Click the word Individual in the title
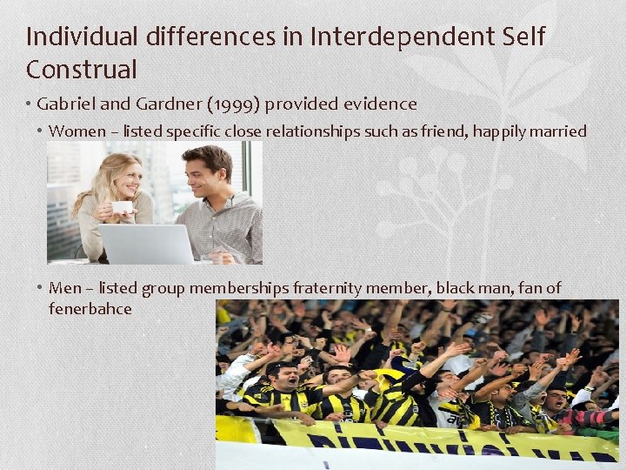(x=83, y=37)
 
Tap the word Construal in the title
(x=82, y=69)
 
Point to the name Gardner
(x=171, y=104)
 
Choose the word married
(x=558, y=131)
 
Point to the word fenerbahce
(x=90, y=309)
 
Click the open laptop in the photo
(x=145, y=243)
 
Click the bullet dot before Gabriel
(x=29, y=104)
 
